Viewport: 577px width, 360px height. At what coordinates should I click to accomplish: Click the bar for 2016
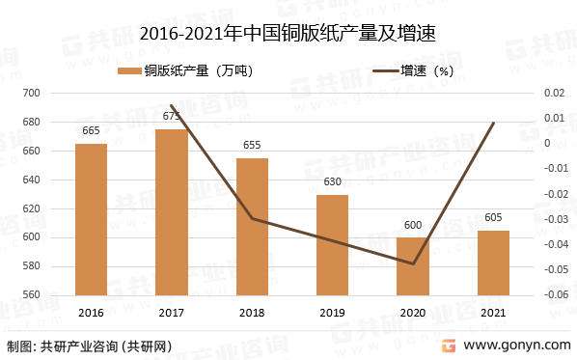click(91, 219)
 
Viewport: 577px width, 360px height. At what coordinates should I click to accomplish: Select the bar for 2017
click(172, 212)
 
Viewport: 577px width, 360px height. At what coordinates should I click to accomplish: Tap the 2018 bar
click(252, 227)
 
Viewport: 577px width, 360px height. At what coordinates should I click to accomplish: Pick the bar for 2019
click(333, 245)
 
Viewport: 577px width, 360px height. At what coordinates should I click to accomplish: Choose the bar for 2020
click(413, 266)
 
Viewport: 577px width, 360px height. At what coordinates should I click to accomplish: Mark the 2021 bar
click(493, 263)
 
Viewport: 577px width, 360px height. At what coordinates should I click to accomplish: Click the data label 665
click(91, 131)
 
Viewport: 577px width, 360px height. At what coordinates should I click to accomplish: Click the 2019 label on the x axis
click(333, 313)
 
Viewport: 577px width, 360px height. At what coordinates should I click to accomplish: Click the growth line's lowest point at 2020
click(413, 263)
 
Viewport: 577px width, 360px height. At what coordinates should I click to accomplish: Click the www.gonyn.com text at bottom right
click(516, 345)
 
